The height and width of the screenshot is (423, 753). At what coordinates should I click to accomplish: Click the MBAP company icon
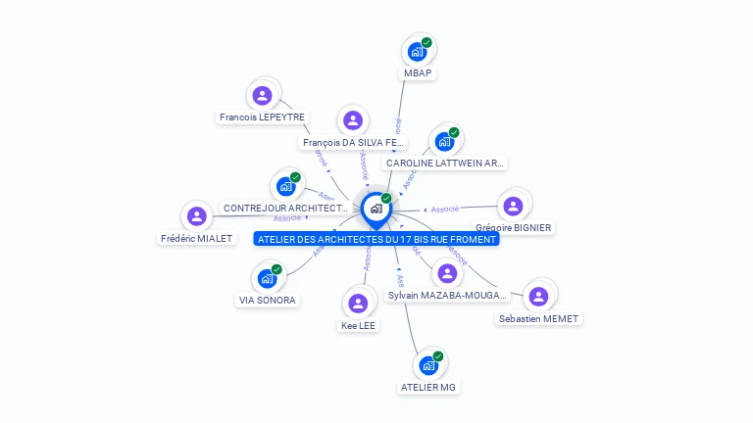pos(417,52)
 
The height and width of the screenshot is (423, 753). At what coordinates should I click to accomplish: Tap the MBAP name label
pos(418,73)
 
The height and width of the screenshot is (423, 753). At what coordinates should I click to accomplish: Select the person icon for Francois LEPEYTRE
pos(262,96)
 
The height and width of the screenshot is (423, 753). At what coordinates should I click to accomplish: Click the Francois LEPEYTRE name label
pos(262,117)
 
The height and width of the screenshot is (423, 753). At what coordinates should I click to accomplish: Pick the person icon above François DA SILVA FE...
pos(352,121)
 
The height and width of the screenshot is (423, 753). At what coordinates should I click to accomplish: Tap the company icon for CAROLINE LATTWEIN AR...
pos(445,142)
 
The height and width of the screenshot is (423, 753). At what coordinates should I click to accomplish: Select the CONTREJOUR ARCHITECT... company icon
pos(286,186)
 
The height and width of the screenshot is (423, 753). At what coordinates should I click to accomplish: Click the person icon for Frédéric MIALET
pos(197,216)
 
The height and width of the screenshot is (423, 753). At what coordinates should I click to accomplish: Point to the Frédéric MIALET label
pos(197,238)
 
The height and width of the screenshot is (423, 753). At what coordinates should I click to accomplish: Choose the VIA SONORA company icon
pos(267,279)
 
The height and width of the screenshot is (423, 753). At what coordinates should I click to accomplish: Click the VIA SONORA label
pos(268,301)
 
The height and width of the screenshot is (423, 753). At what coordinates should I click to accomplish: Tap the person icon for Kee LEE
pos(358,304)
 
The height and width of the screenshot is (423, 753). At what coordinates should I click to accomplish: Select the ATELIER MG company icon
pos(427,366)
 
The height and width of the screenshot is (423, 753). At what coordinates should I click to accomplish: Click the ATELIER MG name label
pos(428,388)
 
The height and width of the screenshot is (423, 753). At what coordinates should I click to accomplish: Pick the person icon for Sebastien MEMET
pos(537,297)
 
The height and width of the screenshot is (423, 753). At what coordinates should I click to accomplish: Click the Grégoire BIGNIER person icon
pos(513,207)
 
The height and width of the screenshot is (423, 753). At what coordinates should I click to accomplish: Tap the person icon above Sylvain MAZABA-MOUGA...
pos(447,274)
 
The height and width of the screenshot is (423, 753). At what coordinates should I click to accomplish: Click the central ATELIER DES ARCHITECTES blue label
pos(376,239)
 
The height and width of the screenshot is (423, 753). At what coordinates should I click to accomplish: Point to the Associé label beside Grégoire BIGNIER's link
pos(446,210)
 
